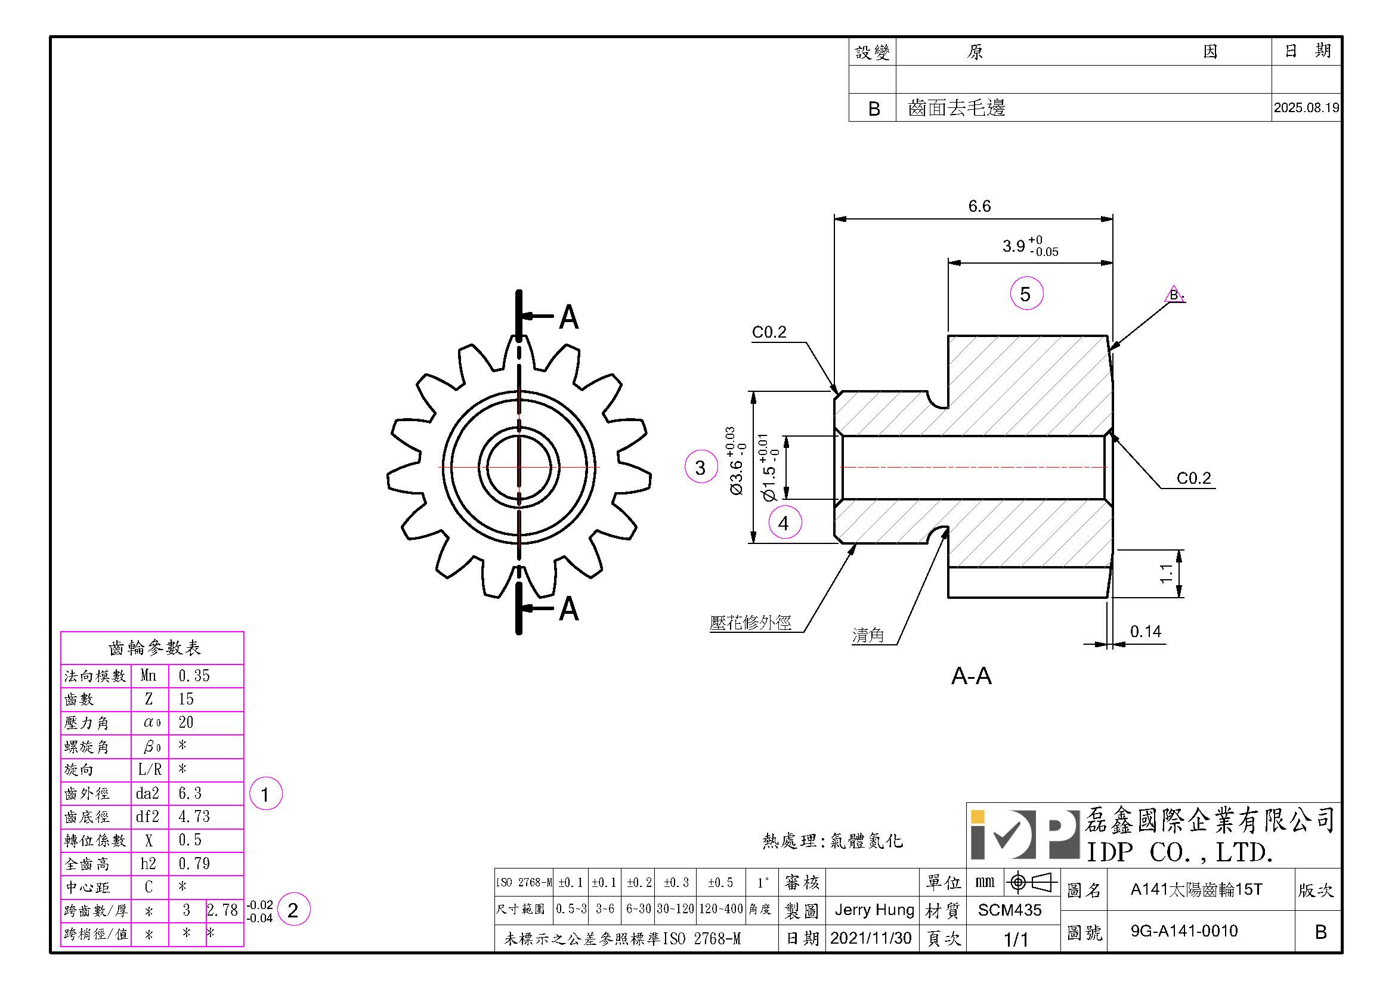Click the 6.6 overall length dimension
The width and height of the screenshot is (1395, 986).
(x=979, y=206)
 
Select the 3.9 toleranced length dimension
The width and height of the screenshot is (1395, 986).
(x=1030, y=246)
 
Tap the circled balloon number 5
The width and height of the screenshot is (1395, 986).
(x=1026, y=294)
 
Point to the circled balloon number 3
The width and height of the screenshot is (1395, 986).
(x=701, y=466)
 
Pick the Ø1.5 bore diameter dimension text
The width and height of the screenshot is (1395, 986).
(x=769, y=467)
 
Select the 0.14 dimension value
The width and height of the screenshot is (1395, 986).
(x=1145, y=632)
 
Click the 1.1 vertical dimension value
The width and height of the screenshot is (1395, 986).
(x=1165, y=573)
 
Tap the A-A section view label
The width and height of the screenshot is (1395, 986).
(x=971, y=676)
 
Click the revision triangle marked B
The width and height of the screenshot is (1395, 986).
(x=1174, y=295)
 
